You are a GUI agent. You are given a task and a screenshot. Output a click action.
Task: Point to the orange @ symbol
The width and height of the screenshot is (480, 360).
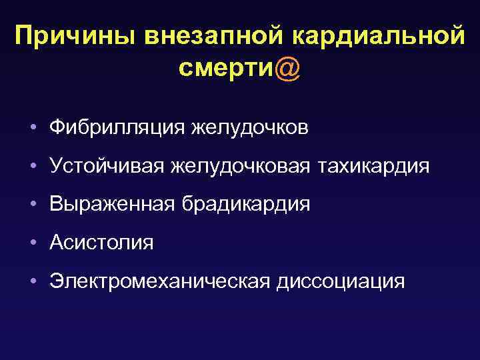(x=287, y=69)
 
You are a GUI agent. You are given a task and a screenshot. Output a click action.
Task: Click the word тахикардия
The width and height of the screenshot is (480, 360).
(x=373, y=165)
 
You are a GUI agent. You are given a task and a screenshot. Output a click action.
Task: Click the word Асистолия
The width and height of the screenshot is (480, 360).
(x=101, y=243)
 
